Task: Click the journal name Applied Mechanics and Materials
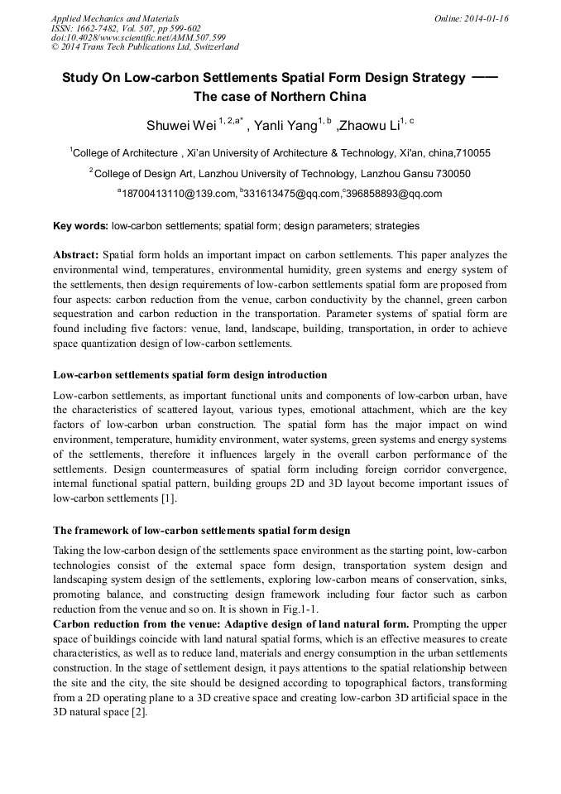(115, 18)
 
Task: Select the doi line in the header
(138, 37)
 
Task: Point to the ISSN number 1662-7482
(98, 27)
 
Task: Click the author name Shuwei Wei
(180, 126)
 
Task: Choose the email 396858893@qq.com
(395, 195)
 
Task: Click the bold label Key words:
(80, 226)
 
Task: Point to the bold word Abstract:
(76, 256)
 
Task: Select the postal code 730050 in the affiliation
(453, 174)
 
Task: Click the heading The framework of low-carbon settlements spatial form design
(201, 530)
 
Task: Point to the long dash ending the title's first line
(484, 77)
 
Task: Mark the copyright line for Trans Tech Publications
(145, 47)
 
